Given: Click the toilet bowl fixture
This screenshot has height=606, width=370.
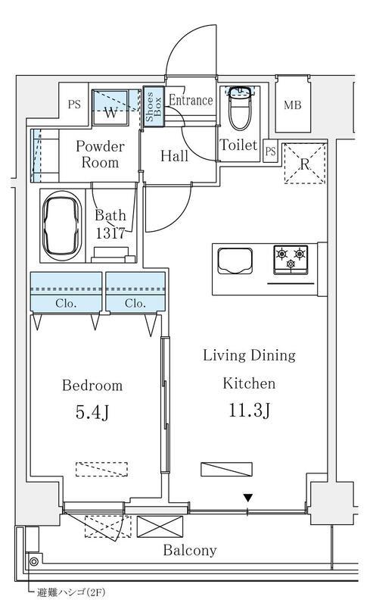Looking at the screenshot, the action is coord(240,109).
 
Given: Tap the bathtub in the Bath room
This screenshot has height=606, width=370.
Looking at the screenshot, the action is coord(61,225).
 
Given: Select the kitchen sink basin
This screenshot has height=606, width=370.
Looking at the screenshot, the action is coord(235,261).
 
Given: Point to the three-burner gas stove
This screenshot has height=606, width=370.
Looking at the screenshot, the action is coord(291,259).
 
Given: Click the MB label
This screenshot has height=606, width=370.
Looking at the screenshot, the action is coord(292,105).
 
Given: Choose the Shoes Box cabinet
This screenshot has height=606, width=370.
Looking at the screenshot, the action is coord(154,105).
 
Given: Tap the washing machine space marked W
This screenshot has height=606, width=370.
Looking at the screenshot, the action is coord(110,108).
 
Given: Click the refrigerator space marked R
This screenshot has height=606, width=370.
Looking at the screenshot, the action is coord(305,163).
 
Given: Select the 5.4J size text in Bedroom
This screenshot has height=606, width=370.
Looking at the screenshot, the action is coord(92,412).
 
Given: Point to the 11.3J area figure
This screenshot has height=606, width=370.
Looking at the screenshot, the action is coord(250,410).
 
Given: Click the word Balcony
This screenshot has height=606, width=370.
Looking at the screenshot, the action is coord(190,550).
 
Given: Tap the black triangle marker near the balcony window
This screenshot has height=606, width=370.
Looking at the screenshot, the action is coord(248,498).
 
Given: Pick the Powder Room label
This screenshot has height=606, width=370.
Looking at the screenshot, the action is coord(100,155).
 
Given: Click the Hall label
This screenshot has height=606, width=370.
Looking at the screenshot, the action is coord(174,156).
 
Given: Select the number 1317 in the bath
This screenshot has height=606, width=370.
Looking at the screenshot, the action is coord(110,233).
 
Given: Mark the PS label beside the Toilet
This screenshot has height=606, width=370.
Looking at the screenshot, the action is coord(271,151).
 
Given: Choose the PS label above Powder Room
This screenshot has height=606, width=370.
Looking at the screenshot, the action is coord(74,105).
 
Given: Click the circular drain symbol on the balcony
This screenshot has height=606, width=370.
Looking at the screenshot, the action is coord(33,561).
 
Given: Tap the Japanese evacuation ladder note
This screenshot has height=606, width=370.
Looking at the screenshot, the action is coord(70,592).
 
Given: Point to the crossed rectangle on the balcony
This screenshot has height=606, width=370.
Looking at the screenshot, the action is coord(160,526).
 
